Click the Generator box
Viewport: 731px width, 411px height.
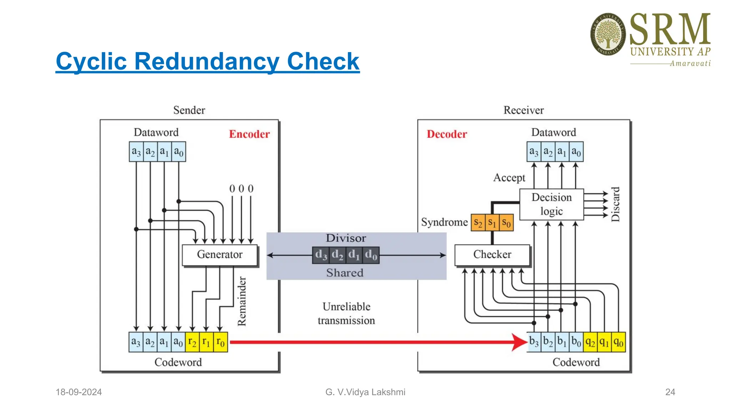[220, 255]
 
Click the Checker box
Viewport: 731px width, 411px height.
[492, 255]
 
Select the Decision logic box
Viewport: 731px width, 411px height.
[551, 204]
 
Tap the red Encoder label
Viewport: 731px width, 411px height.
[249, 134]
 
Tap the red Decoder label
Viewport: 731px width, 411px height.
[447, 134]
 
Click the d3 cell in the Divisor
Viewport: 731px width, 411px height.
[321, 255]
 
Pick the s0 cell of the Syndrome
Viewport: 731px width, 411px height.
[506, 223]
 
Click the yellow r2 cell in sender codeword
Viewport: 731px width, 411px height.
[192, 342]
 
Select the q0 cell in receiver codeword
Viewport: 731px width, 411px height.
[618, 342]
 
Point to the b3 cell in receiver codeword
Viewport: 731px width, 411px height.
[534, 342]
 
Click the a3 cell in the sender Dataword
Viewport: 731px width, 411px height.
[136, 152]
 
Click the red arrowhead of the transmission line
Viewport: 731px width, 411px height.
[519, 342]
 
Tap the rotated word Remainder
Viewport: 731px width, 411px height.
[242, 301]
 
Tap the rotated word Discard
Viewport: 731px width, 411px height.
[615, 204]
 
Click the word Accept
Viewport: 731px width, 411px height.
[509, 178]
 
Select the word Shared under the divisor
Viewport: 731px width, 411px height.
[345, 273]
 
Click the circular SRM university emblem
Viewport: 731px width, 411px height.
[608, 34]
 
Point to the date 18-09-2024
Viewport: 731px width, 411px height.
[79, 392]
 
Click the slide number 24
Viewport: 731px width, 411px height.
[670, 392]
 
